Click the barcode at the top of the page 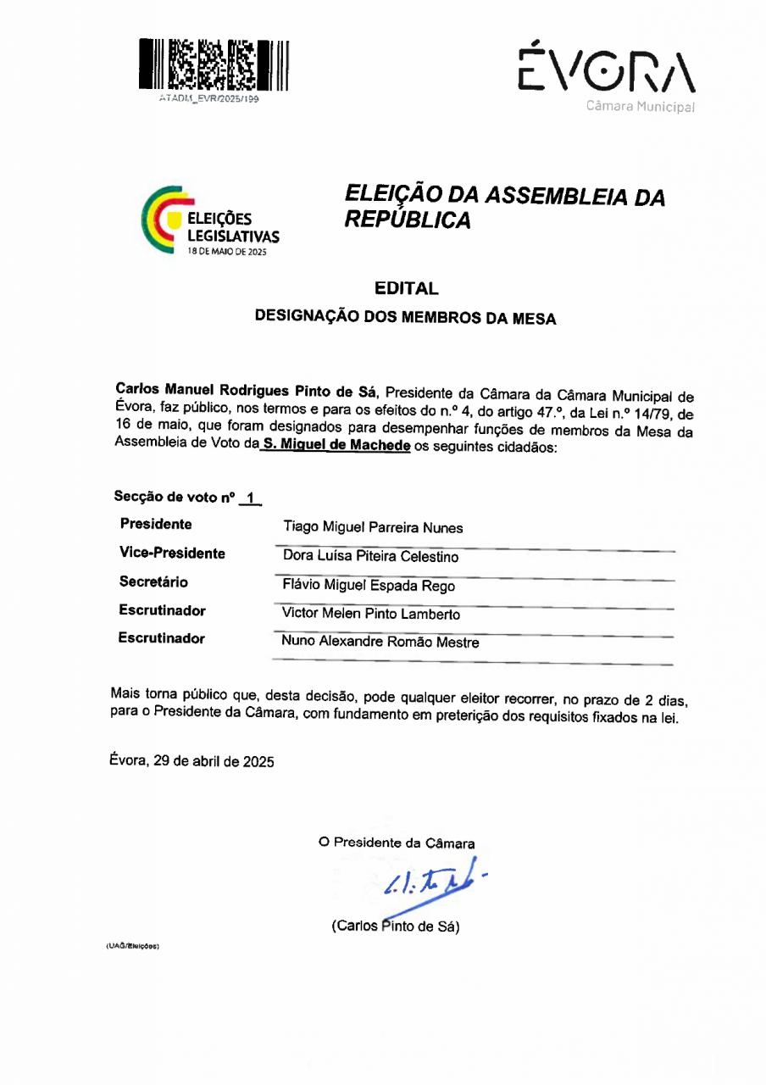coord(214,64)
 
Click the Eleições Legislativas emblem coord(209,220)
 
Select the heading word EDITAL coord(407,289)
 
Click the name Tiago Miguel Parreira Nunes coord(373,528)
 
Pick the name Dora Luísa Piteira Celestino coord(370,557)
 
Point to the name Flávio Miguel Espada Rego coord(369,586)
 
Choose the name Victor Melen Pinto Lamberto coord(371,614)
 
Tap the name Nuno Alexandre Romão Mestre coord(380,643)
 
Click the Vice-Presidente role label coord(173,554)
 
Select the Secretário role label coord(153,582)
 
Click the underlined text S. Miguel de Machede coord(336,446)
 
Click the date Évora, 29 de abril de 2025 coord(192,760)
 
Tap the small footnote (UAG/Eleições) coord(132,945)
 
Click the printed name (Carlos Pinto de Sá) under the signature coord(396,926)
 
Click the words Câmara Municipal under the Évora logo coord(640,108)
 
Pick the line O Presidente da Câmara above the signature coord(397,843)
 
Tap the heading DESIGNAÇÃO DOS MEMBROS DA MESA coord(406,319)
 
